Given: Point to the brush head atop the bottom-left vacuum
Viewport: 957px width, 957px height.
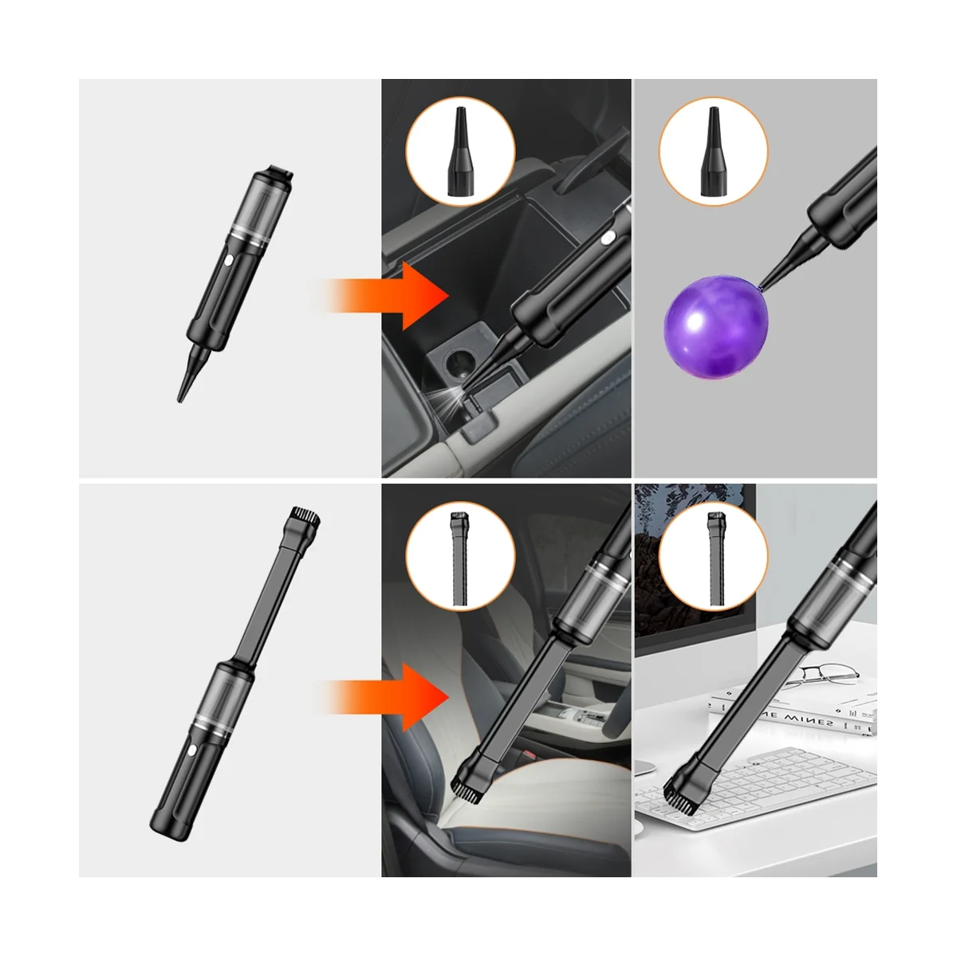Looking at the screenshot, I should click(x=304, y=517).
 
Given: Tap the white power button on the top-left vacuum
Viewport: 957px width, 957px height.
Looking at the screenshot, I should click(x=228, y=261).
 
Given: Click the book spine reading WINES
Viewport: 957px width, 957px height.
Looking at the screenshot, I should click(x=797, y=721).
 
